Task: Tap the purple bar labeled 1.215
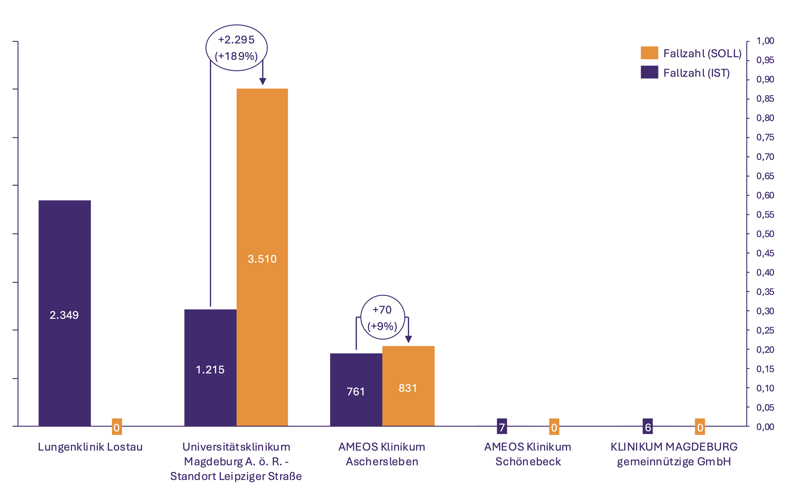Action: click(x=210, y=368)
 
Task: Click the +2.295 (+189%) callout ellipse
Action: click(x=236, y=48)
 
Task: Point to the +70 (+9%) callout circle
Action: click(x=383, y=317)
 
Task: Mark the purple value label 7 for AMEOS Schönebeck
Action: click(x=502, y=427)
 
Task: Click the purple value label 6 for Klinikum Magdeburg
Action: click(x=648, y=427)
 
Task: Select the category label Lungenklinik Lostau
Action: click(x=90, y=447)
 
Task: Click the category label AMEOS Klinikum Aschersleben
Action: click(x=382, y=454)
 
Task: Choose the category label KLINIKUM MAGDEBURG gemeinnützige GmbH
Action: click(x=674, y=454)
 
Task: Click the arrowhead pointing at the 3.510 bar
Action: click(x=263, y=81)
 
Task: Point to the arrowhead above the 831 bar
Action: click(x=408, y=339)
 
